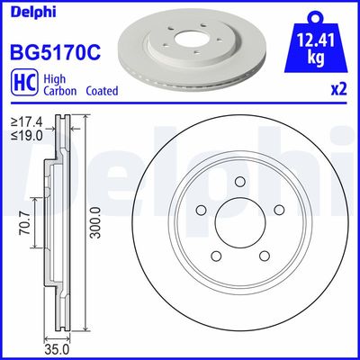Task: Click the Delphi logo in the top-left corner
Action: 29,12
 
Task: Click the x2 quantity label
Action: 339,89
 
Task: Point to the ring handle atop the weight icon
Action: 314,15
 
